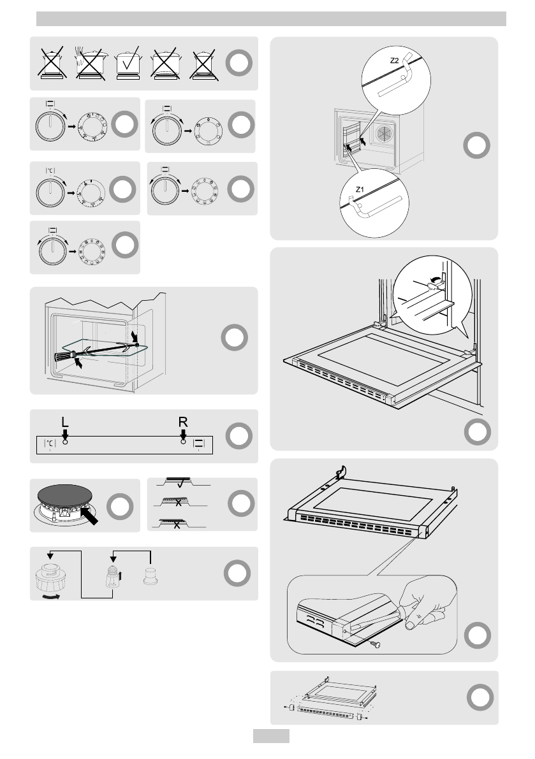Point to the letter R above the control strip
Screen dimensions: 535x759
[x=183, y=422]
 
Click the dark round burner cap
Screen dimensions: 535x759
[x=64, y=495]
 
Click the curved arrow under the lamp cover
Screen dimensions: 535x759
[x=51, y=596]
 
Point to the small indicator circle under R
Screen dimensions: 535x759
[x=184, y=440]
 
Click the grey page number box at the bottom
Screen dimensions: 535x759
[x=271, y=736]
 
